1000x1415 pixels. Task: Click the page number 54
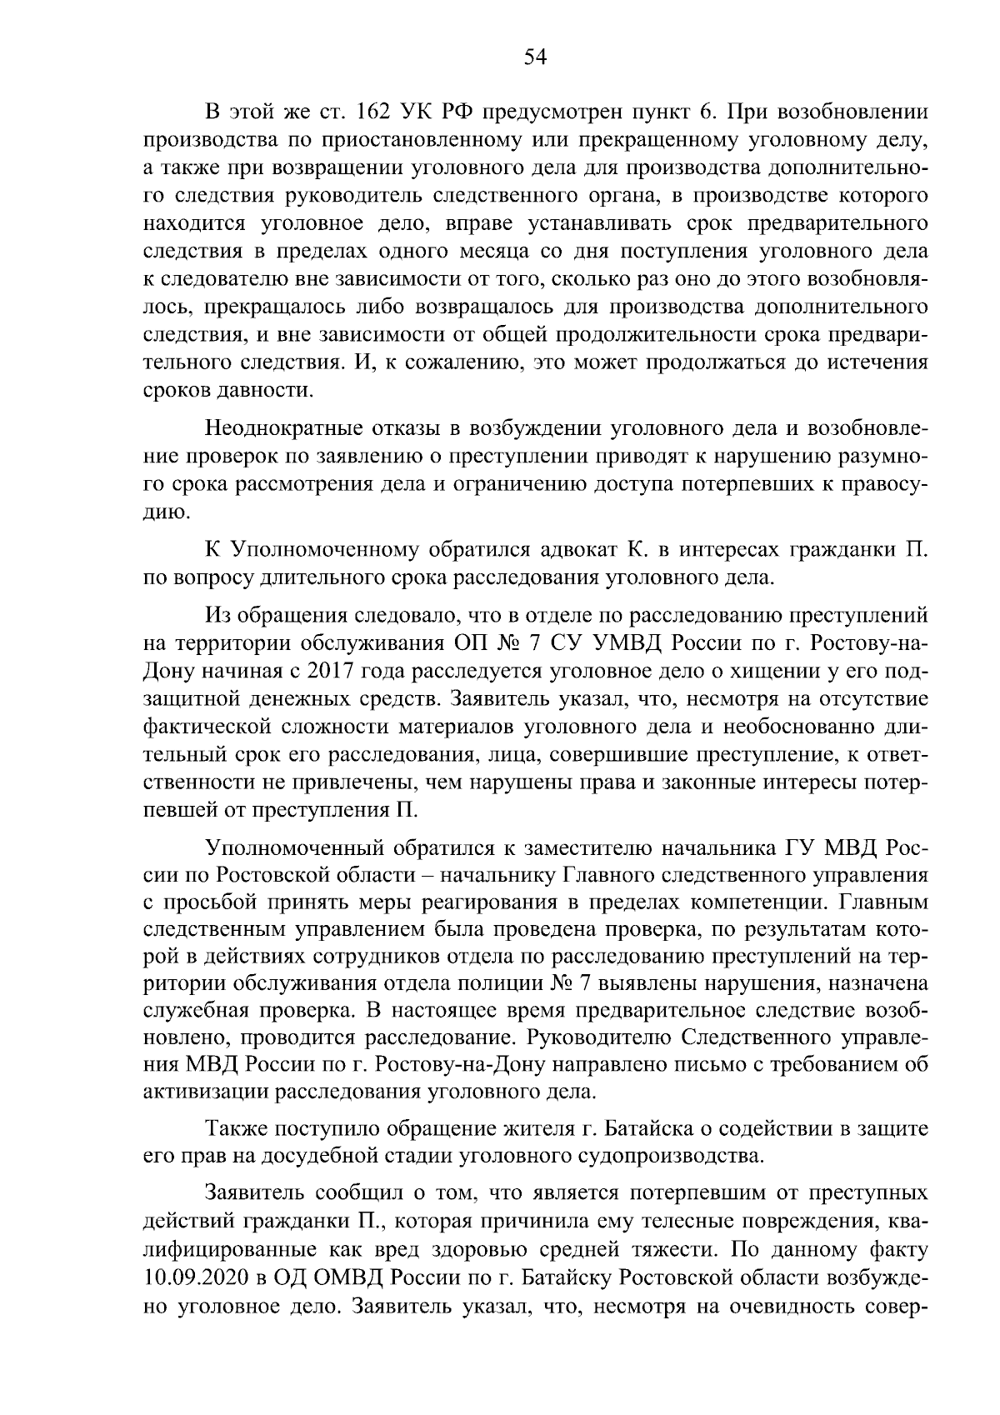click(x=534, y=57)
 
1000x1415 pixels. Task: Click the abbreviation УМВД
click(x=625, y=644)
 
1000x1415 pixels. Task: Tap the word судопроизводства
click(x=674, y=1156)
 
